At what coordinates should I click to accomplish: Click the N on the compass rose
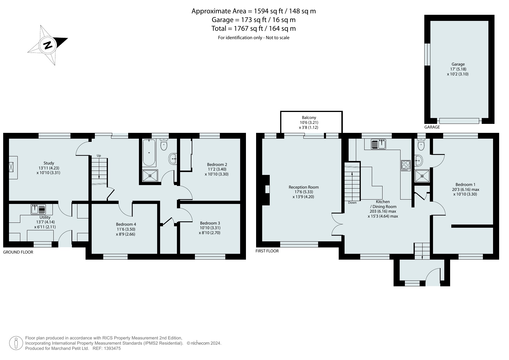point(48,45)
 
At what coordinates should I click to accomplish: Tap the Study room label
point(49,163)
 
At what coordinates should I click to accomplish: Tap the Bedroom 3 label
point(210,223)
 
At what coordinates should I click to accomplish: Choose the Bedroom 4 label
point(126,224)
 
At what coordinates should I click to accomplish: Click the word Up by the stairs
point(99,156)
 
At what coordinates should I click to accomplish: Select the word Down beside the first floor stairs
point(352,202)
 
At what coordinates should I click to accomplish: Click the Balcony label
point(309,117)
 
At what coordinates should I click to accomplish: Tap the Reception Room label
point(304,187)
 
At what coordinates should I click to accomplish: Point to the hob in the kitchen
point(406,166)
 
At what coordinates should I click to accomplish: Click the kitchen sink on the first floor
point(378,144)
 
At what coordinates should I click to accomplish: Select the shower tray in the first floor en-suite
point(422,176)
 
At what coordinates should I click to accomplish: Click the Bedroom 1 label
point(465,184)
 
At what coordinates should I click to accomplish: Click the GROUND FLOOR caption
point(18,252)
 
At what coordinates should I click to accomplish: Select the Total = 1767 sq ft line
point(254,28)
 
